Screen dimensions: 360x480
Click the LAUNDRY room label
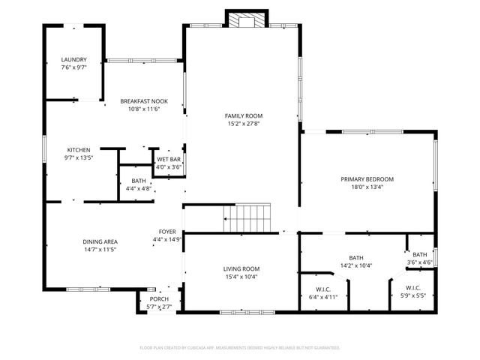coord(74,59)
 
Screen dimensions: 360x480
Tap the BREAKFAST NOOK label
coord(144,101)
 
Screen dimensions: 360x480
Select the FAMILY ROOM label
coord(244,115)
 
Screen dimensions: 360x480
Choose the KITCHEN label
coord(79,150)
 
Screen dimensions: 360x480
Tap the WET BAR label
coord(168,160)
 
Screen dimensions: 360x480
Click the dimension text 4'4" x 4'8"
coord(139,189)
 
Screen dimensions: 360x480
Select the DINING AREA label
coord(100,241)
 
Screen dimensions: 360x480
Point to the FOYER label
coord(167,232)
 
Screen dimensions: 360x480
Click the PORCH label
coord(159,298)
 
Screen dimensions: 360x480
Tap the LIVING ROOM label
coord(241,268)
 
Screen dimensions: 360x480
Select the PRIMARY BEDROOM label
coord(367,179)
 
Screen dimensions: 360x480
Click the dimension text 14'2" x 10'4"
coord(355,265)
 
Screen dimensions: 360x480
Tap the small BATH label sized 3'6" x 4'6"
coord(420,254)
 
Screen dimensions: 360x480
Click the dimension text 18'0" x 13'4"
coord(367,187)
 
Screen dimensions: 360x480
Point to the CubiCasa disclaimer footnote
coord(240,348)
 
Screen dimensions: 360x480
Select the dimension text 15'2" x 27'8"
coord(244,124)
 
